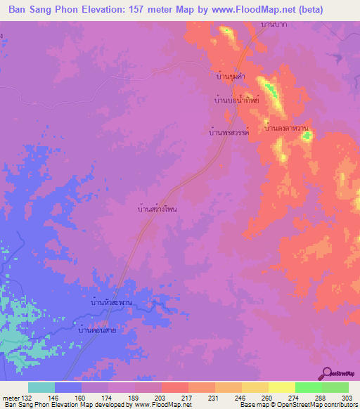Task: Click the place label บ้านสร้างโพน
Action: point(157,209)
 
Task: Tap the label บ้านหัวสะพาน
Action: point(112,302)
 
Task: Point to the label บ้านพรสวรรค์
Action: point(231,131)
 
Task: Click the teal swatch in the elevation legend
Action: point(41,387)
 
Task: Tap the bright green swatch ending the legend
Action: point(335,387)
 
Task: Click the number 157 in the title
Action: point(158,10)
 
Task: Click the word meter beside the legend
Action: point(11,397)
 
